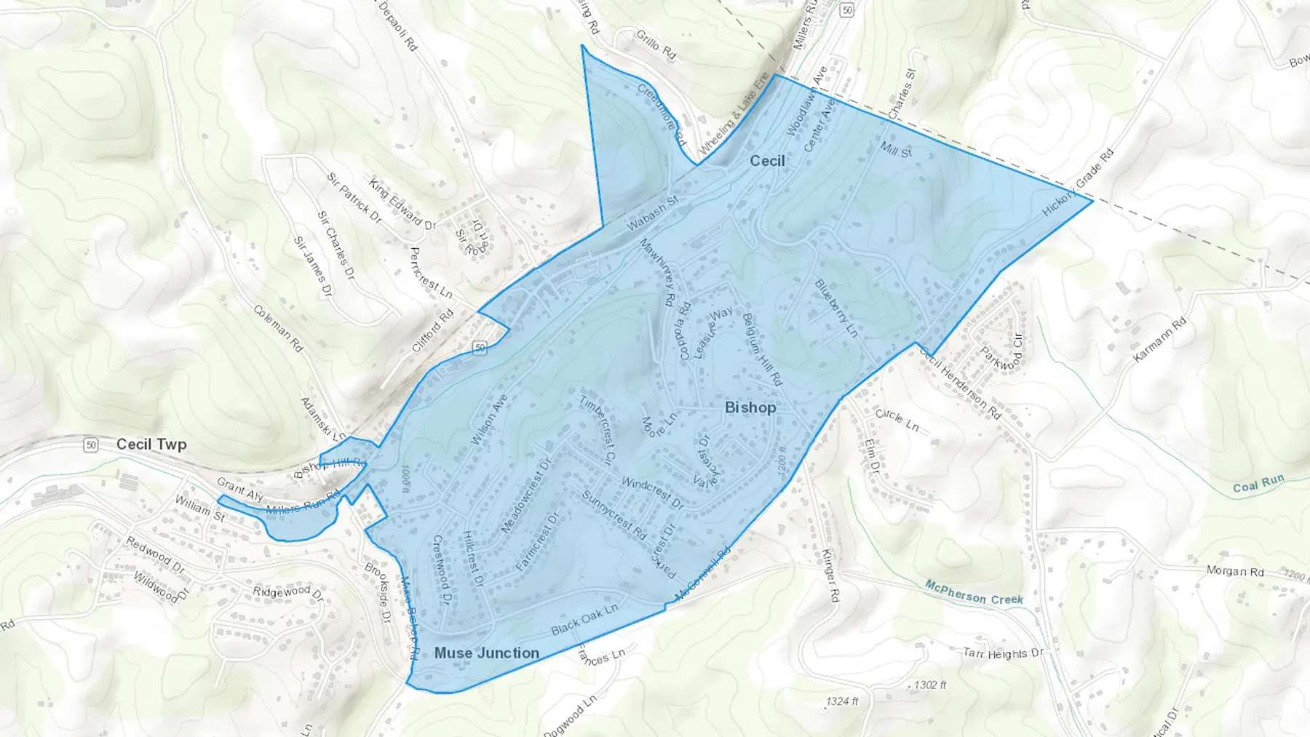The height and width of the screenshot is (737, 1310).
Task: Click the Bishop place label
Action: click(750, 407)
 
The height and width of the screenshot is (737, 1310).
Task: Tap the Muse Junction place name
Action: click(486, 653)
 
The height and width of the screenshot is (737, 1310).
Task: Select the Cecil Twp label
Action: click(151, 445)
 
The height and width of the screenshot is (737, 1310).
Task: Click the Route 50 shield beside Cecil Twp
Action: click(90, 445)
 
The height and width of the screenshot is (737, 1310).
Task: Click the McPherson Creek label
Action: click(974, 593)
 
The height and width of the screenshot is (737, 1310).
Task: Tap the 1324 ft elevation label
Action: click(842, 701)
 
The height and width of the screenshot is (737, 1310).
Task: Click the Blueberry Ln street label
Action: click(835, 308)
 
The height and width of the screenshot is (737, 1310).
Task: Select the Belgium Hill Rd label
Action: click(761, 349)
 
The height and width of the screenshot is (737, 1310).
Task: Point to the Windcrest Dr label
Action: click(652, 493)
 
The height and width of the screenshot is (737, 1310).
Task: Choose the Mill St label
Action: click(896, 150)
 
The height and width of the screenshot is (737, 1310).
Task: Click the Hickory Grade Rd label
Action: click(1078, 183)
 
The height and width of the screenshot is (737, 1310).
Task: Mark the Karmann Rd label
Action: click(1159, 340)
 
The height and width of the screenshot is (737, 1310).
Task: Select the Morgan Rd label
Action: click(1235, 571)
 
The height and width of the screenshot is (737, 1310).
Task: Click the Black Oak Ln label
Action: click(584, 619)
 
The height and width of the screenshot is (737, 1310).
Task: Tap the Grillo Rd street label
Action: click(656, 45)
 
